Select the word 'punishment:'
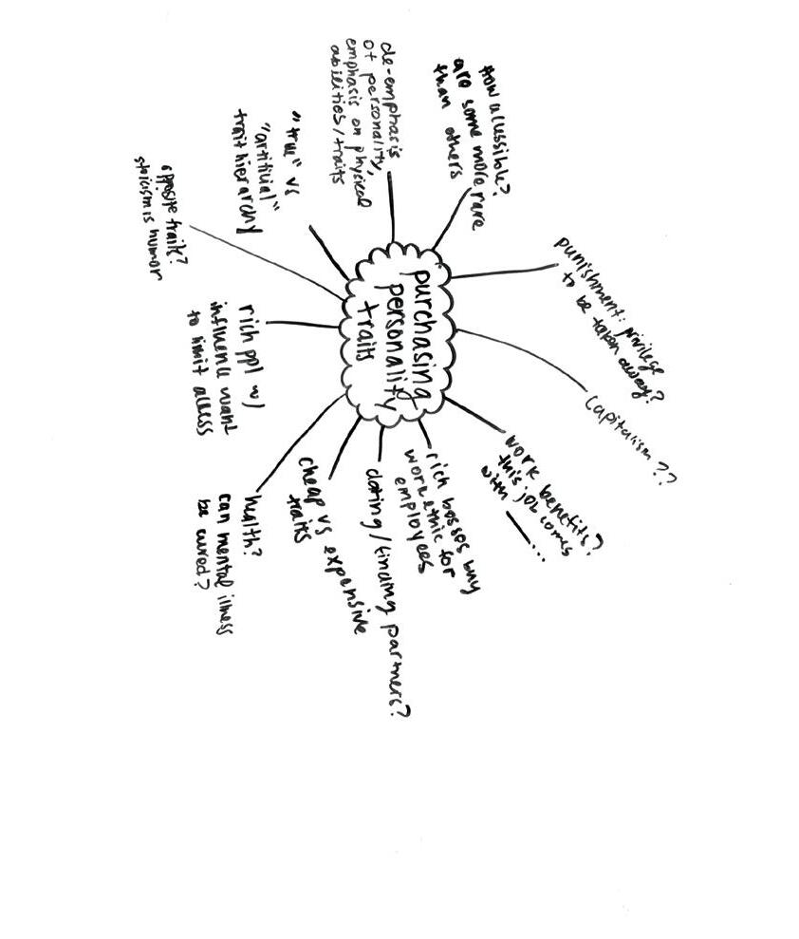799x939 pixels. click(587, 275)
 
